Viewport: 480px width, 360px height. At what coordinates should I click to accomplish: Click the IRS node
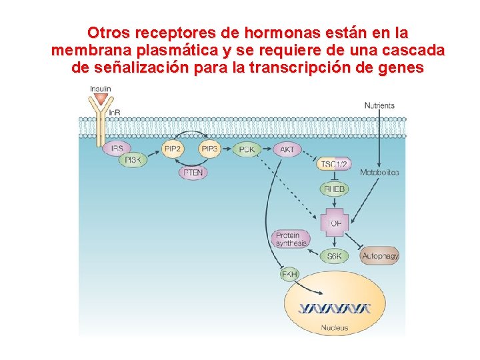[x=117, y=148]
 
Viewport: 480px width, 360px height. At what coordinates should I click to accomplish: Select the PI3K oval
[x=133, y=161]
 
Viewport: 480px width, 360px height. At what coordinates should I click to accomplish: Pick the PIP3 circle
[x=209, y=149]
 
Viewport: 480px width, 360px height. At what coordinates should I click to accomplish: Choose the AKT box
[x=287, y=149]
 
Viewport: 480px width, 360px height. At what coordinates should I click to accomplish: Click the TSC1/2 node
[x=334, y=164]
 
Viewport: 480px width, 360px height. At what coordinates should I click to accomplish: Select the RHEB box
[x=334, y=189]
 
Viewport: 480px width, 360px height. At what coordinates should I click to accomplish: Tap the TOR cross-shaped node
[x=334, y=223]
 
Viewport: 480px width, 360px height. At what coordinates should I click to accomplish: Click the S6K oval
[x=334, y=256]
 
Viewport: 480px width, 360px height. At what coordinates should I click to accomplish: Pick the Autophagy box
[x=379, y=256]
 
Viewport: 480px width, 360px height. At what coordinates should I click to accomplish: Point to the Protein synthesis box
[x=291, y=239]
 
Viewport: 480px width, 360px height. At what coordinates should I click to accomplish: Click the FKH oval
[x=289, y=274]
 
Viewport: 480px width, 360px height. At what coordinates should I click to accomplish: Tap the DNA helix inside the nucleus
[x=334, y=309]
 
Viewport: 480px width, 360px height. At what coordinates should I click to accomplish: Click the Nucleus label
[x=334, y=327]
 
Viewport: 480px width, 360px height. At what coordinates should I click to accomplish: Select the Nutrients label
[x=379, y=105]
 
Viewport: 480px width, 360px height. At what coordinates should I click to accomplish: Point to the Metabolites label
[x=379, y=173]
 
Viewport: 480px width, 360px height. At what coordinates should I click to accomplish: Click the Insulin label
[x=101, y=89]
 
